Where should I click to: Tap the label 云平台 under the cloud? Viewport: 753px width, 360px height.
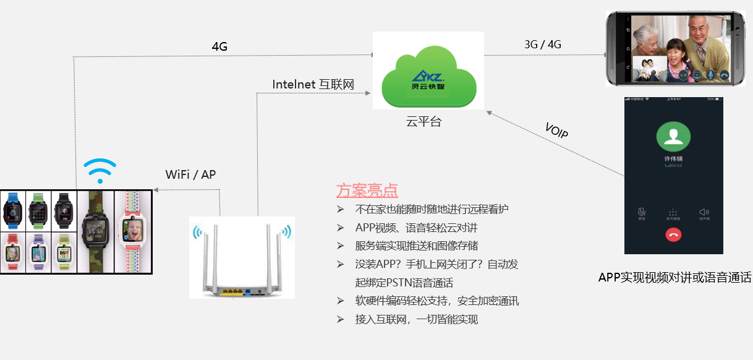(x=423, y=122)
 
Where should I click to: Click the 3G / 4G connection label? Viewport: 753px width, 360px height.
(x=543, y=44)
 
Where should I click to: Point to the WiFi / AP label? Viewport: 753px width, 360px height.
(x=191, y=174)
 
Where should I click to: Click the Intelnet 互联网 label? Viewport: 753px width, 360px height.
(x=313, y=84)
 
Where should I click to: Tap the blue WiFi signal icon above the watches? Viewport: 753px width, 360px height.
(x=100, y=171)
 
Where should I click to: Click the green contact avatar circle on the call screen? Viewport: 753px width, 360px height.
(x=673, y=137)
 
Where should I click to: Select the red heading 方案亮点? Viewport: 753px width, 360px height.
(x=367, y=190)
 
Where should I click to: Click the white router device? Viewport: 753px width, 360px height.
(x=242, y=260)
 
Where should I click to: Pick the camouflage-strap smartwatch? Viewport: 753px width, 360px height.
(x=95, y=231)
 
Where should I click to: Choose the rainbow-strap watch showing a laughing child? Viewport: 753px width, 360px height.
(x=134, y=231)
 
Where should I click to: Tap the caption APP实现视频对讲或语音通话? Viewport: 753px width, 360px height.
(x=674, y=278)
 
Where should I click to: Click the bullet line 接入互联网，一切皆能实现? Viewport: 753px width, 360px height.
(x=416, y=319)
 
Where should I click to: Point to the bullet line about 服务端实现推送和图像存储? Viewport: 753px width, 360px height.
(x=416, y=246)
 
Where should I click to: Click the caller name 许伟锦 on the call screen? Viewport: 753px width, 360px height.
(x=673, y=159)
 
